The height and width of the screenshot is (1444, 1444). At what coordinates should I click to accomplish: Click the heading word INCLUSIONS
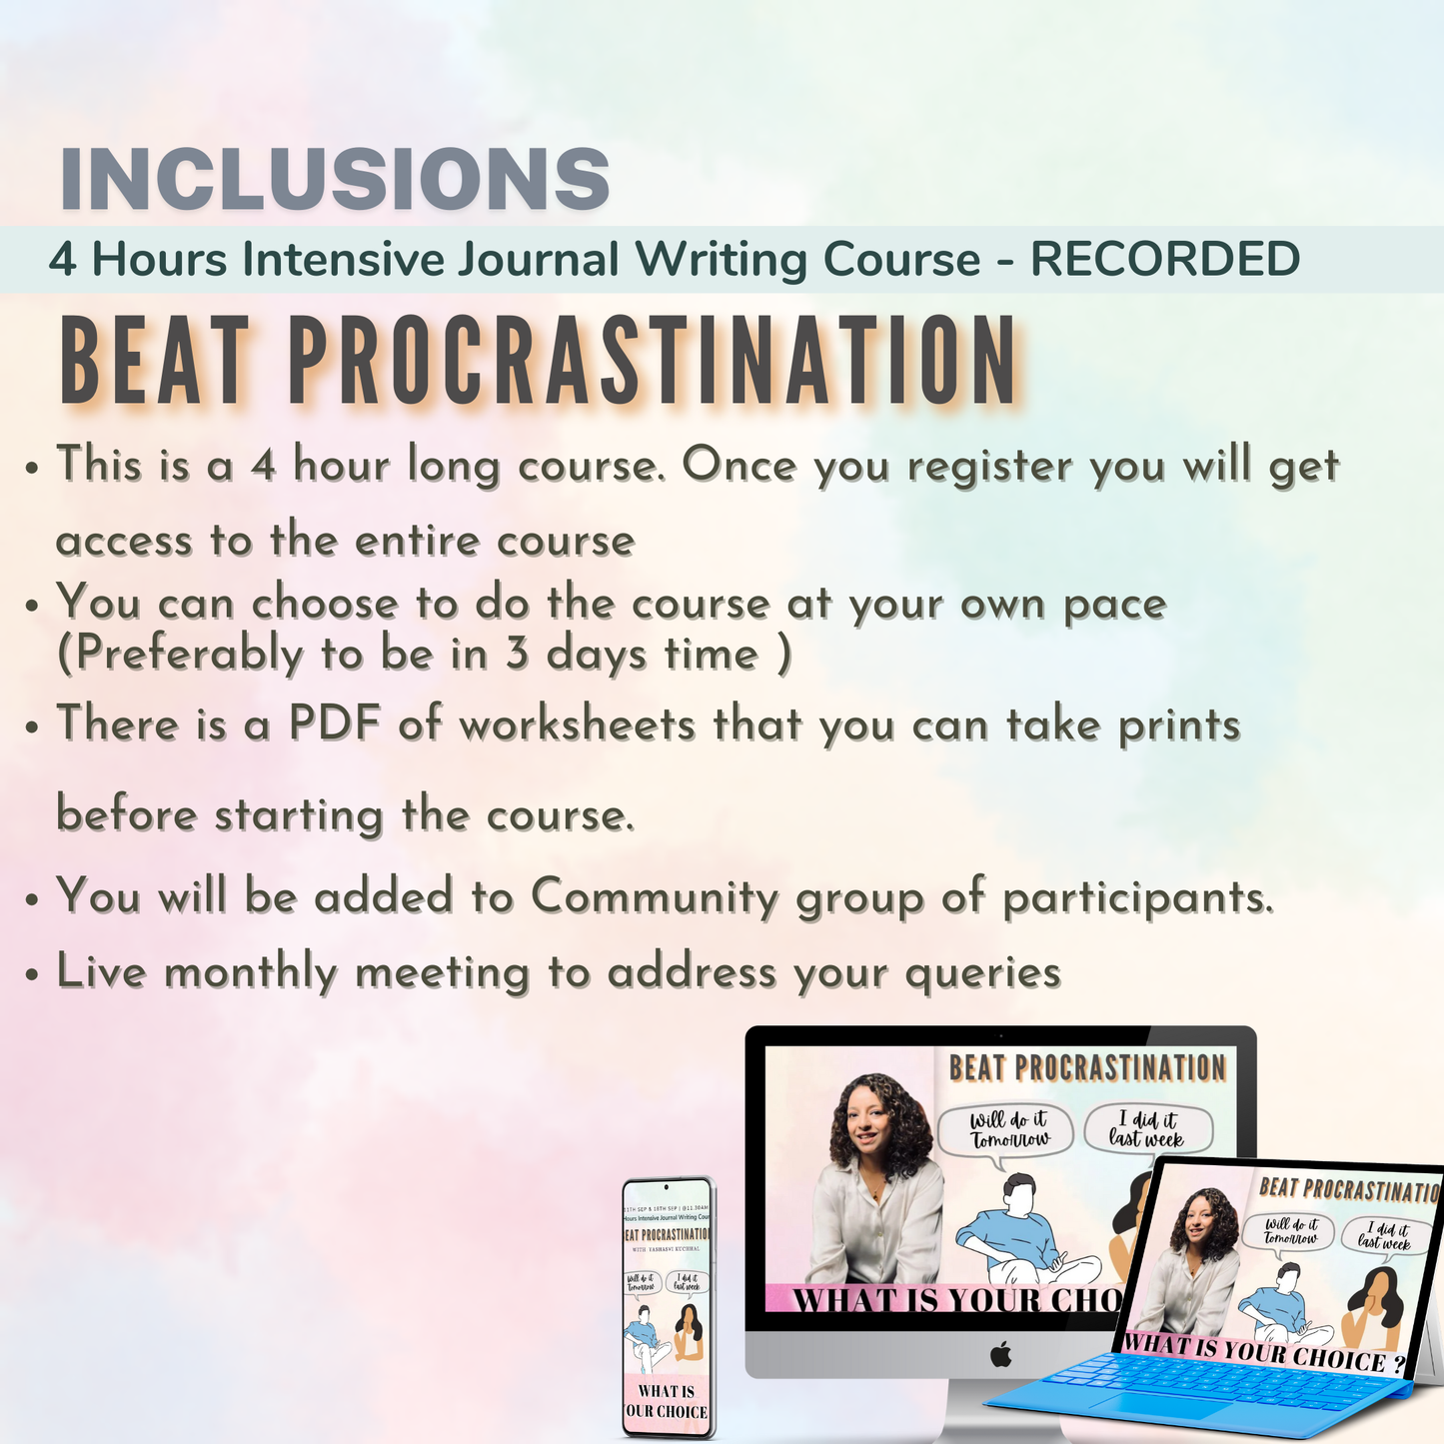tap(335, 180)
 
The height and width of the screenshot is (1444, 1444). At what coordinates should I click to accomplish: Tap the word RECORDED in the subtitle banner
tap(1165, 260)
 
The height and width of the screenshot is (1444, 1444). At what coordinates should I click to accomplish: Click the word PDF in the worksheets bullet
tap(335, 724)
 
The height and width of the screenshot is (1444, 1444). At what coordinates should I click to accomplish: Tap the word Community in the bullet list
tap(655, 896)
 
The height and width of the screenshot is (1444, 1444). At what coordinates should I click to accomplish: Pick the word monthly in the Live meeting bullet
tap(251, 973)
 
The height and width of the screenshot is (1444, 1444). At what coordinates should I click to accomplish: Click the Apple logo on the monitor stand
tap(1000, 1355)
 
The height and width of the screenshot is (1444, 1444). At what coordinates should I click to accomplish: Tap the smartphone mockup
tap(668, 1309)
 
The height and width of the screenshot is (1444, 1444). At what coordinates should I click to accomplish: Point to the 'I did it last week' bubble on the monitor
tap(1147, 1129)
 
